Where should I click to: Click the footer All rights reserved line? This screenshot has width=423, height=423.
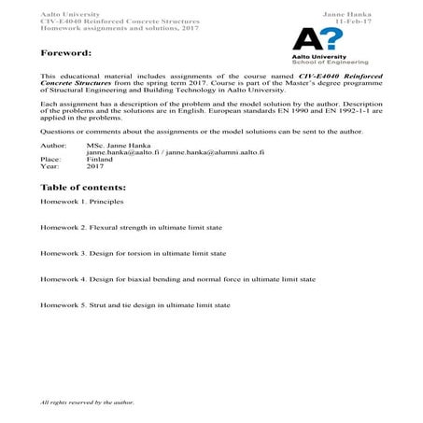(x=88, y=402)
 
